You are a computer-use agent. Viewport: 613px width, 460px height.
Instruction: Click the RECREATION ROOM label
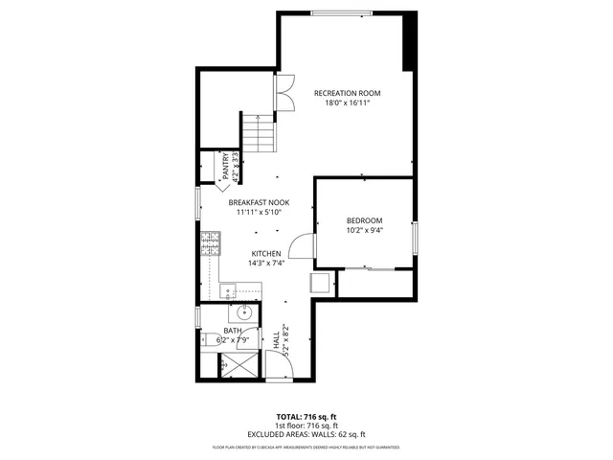click(348, 93)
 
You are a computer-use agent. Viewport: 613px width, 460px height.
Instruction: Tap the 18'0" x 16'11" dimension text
click(348, 103)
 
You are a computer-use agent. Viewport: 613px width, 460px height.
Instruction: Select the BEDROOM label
click(364, 220)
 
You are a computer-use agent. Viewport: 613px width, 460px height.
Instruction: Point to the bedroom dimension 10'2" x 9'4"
click(364, 231)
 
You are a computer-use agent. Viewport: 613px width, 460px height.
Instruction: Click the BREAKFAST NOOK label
click(259, 203)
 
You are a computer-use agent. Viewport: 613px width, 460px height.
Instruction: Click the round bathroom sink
click(244, 312)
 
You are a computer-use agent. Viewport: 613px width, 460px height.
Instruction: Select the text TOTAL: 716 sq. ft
click(306, 417)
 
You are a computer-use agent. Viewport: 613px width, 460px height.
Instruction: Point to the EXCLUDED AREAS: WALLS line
click(306, 434)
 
